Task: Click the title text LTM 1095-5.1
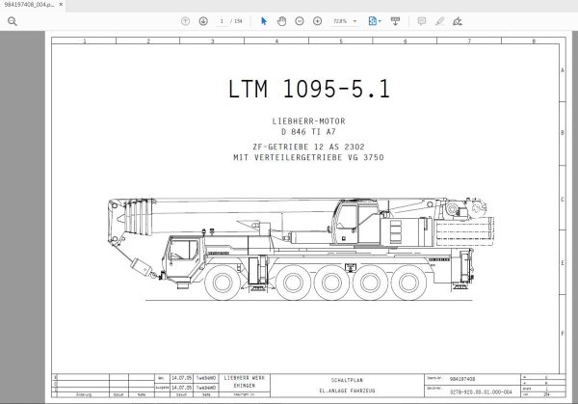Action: coord(309,91)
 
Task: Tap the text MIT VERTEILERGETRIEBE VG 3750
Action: coord(309,156)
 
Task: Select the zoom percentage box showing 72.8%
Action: coord(341,19)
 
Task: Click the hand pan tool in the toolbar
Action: coord(281,19)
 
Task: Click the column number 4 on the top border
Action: coord(276,41)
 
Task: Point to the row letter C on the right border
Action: coord(563,201)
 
